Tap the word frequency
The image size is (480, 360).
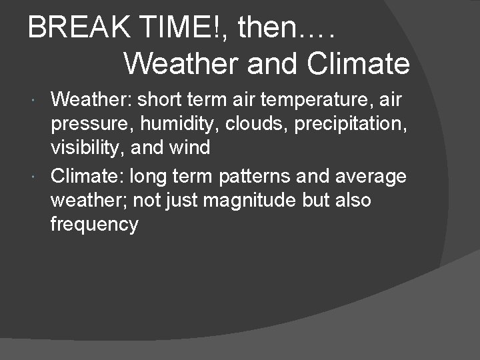94,225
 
